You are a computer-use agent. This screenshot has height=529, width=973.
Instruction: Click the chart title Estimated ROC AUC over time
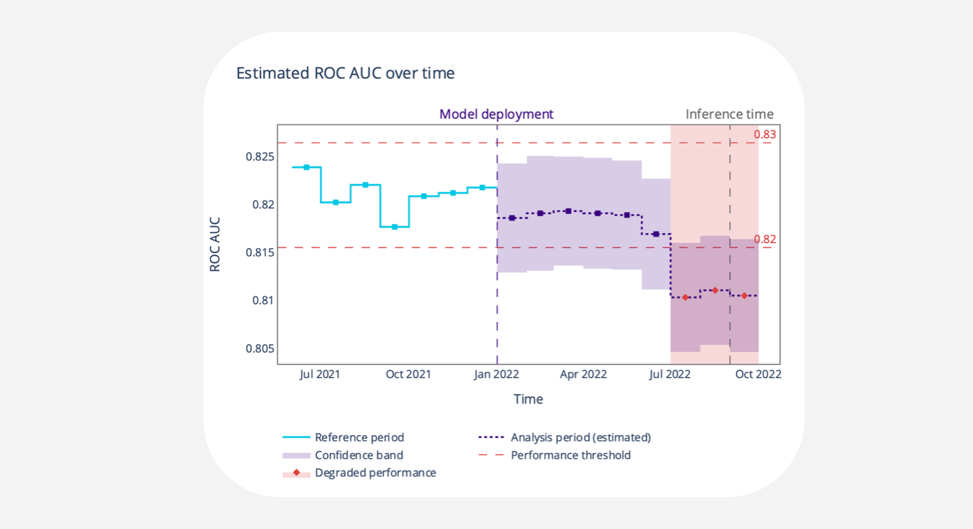point(345,73)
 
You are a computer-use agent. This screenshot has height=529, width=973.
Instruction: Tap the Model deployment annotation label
point(496,114)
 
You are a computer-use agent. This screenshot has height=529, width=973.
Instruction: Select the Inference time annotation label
point(729,114)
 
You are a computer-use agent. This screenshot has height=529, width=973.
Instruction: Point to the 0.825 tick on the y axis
point(260,156)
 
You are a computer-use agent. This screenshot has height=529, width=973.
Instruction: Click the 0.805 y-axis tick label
point(260,348)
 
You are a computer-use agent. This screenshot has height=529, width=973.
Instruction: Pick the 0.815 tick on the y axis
point(260,252)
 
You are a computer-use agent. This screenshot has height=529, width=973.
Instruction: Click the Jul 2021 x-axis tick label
point(319,374)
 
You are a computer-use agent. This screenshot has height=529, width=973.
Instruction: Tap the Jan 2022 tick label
point(496,374)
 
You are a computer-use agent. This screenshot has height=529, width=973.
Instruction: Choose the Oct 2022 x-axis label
point(758,374)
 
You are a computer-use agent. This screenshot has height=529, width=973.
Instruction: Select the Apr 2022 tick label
point(583,374)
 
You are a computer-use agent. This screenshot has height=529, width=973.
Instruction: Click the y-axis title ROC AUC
point(215,244)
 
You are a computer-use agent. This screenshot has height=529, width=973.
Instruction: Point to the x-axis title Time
point(528,400)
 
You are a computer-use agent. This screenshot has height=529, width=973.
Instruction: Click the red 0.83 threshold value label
point(765,134)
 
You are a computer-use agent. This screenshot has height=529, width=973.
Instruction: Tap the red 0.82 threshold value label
point(765,240)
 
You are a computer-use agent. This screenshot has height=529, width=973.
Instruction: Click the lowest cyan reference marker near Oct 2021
point(395,227)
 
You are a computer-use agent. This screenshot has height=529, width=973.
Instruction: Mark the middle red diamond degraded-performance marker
point(715,290)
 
